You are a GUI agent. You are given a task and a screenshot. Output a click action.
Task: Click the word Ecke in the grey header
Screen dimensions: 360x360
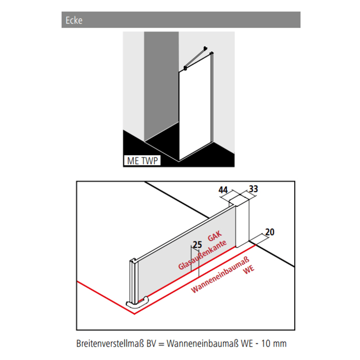click(74, 21)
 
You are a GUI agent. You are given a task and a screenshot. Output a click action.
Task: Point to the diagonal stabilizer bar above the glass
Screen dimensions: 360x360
click(196, 59)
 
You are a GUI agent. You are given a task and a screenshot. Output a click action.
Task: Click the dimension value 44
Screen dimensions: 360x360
click(223, 190)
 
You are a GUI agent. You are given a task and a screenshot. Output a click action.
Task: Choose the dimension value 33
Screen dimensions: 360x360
click(253, 189)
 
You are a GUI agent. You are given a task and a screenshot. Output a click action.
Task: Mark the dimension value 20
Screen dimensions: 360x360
click(269, 232)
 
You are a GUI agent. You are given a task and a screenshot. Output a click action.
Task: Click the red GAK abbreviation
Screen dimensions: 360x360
click(214, 237)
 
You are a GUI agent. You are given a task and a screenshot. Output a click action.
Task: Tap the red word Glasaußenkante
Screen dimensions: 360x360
click(202, 255)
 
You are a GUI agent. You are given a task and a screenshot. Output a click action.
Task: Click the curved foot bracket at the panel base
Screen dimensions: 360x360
click(139, 302)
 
